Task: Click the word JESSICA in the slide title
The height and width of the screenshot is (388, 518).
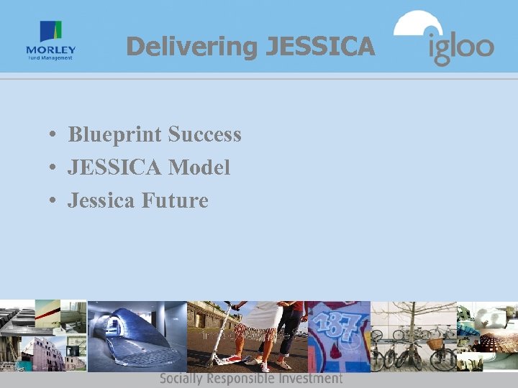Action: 320,47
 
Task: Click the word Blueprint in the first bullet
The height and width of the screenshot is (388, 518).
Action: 115,134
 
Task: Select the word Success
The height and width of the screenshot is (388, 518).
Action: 204,134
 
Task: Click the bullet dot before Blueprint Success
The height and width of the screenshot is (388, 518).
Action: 54,135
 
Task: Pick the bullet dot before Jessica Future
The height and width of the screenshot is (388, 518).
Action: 54,201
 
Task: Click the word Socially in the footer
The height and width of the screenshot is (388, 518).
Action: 181,379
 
